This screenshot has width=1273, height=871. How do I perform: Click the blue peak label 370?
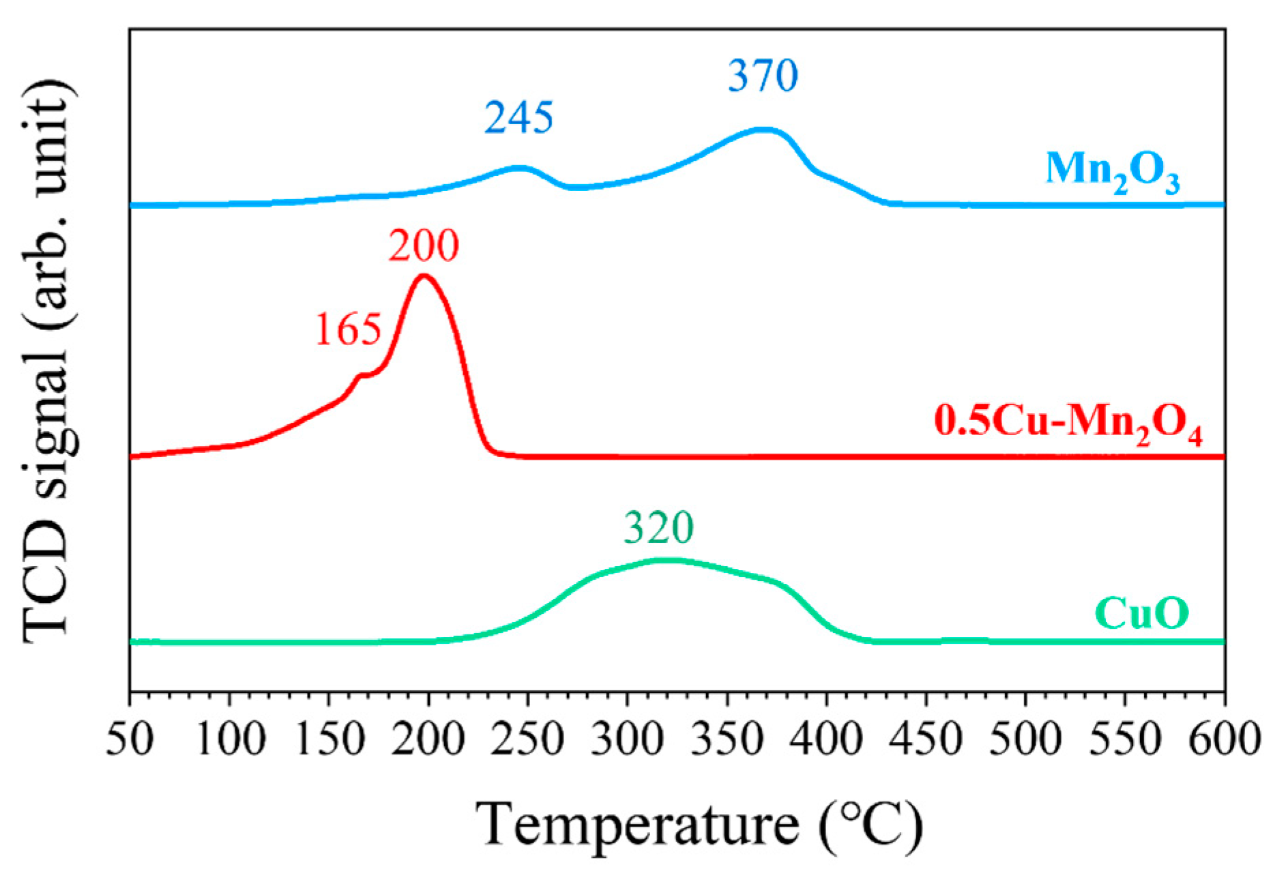[x=763, y=76]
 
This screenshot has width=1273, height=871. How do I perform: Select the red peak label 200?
[x=424, y=246]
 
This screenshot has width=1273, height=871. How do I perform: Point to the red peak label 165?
[x=348, y=330]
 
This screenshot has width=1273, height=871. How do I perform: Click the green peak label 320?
[x=659, y=527]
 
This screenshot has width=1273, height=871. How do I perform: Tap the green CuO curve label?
[x=1142, y=612]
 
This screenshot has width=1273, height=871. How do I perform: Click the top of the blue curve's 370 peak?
[x=763, y=128]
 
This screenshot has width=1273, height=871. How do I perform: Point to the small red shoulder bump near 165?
[x=362, y=374]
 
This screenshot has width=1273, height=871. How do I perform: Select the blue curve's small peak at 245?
[x=518, y=167]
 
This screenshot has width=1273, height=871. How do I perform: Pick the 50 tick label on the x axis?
[x=130, y=739]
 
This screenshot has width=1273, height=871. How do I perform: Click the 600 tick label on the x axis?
[x=1224, y=739]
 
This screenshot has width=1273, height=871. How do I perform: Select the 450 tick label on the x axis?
[x=926, y=739]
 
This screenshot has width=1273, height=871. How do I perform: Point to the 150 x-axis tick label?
[x=329, y=739]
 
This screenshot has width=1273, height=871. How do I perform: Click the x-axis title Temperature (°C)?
[x=699, y=824]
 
